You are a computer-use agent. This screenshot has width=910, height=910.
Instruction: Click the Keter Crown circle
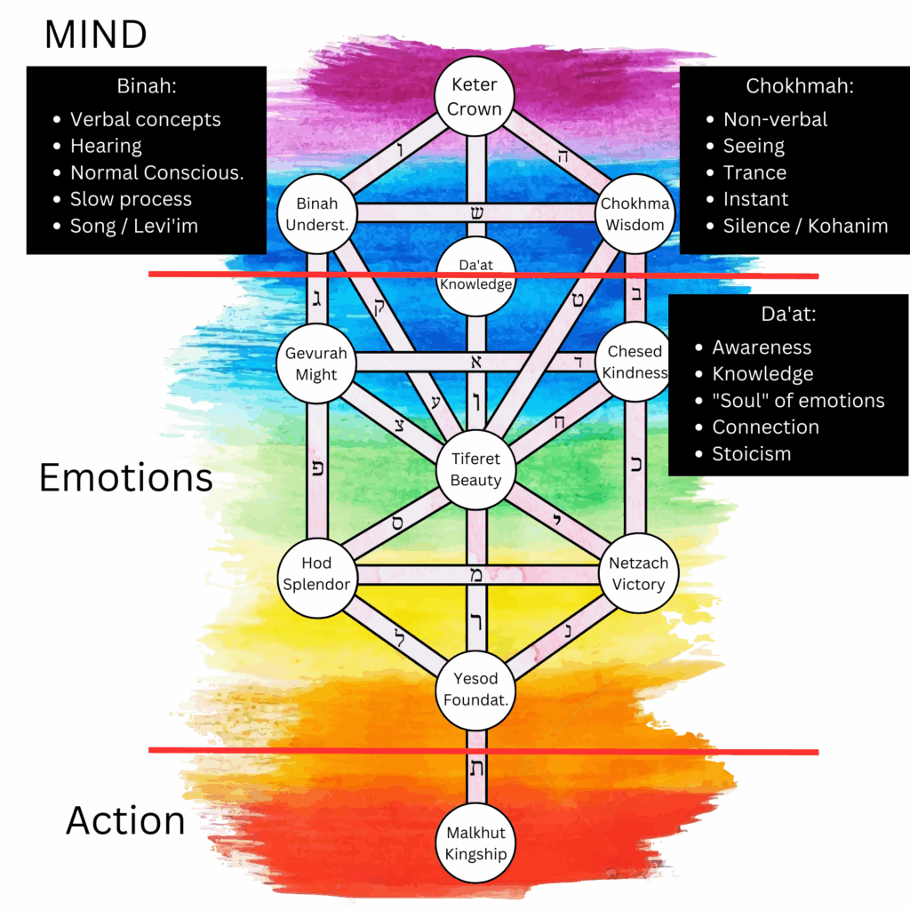475,96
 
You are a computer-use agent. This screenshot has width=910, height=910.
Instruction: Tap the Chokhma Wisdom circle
635,213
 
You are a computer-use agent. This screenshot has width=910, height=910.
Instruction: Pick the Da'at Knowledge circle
475,275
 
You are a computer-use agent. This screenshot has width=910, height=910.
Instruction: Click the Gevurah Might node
316,363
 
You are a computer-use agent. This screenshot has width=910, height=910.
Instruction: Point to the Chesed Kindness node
635,362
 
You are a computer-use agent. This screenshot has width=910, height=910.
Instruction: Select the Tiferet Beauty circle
475,469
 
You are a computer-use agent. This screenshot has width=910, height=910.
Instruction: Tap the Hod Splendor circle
316,573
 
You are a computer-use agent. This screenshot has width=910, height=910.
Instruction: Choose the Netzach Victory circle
637,573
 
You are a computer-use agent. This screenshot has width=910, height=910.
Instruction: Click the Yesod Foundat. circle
475,690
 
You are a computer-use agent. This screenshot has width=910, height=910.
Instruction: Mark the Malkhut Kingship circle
475,843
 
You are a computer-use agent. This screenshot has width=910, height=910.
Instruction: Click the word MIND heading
96,35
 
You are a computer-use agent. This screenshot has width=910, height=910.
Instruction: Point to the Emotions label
125,478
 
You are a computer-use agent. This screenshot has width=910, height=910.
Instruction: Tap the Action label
125,820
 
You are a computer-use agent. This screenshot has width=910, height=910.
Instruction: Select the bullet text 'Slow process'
131,199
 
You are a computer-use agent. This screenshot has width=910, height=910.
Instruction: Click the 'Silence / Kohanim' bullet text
805,226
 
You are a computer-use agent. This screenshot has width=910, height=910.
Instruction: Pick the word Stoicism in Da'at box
751,453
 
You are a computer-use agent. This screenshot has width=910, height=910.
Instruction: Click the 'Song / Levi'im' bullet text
134,226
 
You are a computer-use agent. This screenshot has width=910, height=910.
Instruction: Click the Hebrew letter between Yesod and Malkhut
476,769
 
